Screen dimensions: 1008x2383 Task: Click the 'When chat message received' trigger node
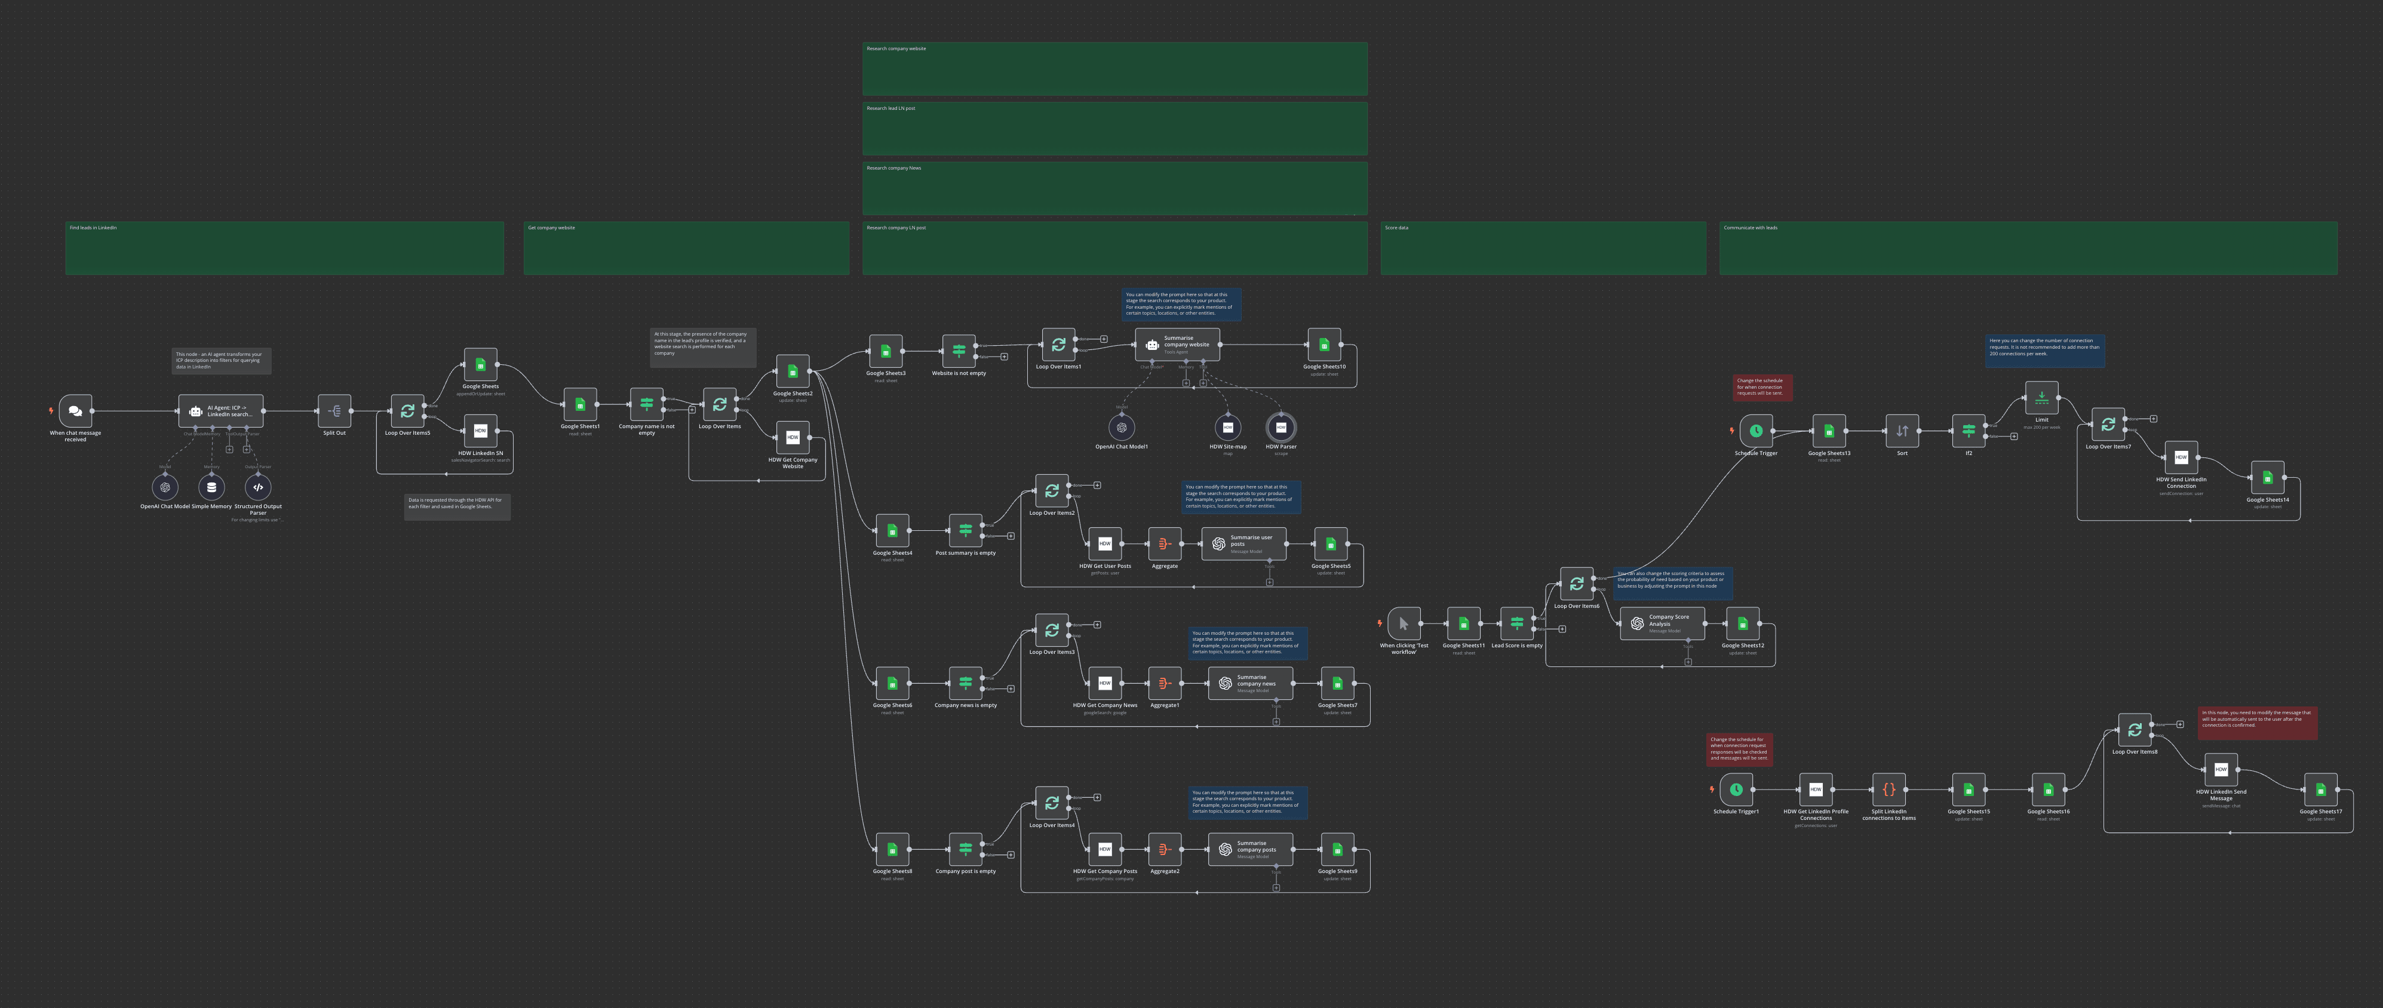(75, 411)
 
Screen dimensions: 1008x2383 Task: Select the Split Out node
(334, 411)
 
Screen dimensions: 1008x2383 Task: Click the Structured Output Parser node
(258, 487)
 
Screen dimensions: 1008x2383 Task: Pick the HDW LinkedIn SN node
(480, 431)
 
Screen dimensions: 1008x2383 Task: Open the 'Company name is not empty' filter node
(647, 404)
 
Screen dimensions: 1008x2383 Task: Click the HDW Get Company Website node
(793, 437)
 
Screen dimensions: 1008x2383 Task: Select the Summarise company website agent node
(1177, 344)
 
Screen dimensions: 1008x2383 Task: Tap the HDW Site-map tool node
(1227, 427)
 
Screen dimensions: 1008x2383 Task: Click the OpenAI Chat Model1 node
(1121, 427)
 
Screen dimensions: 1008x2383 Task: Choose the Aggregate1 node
(1165, 683)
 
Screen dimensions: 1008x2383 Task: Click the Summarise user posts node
(1243, 544)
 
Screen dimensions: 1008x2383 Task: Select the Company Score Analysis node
(1662, 623)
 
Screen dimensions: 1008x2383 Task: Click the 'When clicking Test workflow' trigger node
(1404, 623)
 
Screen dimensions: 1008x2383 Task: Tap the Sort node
(1902, 431)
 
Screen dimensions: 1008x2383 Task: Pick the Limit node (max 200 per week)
(2041, 398)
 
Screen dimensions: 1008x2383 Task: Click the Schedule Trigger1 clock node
(1736, 790)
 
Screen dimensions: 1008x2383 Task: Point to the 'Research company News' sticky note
(1114, 189)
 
